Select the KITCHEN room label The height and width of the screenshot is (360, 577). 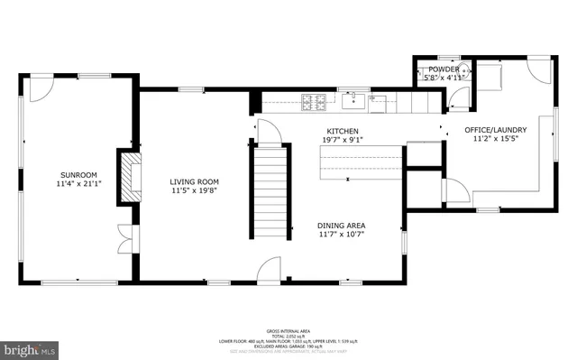coord(343,131)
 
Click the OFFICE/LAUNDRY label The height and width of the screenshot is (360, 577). coord(499,130)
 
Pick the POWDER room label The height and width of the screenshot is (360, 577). coord(444,69)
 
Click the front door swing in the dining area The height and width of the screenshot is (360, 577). coord(269,270)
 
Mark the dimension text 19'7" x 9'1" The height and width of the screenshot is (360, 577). coord(343,140)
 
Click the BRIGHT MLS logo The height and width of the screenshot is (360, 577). coord(29,347)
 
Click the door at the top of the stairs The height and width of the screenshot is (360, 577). coord(269,132)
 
